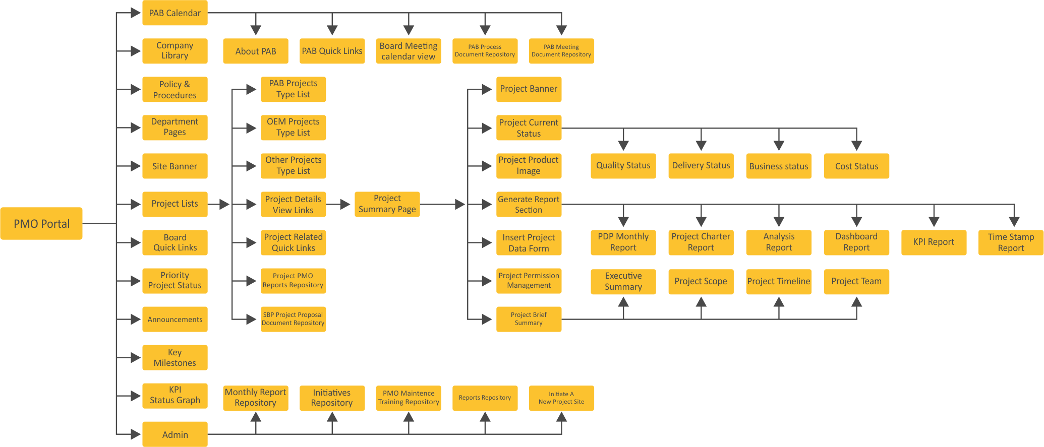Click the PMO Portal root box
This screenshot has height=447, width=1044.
pos(41,223)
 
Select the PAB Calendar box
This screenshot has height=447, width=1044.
pos(175,13)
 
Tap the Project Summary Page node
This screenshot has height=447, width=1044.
pos(387,204)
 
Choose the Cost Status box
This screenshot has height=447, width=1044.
pos(856,166)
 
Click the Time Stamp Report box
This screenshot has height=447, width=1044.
pos(1011,242)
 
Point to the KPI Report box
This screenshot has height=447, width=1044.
pos(934,242)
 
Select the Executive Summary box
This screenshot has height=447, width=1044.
pos(623,281)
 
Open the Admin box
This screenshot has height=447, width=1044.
pos(175,434)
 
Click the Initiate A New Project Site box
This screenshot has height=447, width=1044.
pos(561,398)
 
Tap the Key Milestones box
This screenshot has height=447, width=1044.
pos(175,358)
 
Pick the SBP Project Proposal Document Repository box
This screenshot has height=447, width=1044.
pos(293,319)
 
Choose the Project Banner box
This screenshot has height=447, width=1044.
pos(529,89)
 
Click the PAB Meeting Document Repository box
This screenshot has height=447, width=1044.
pos(561,51)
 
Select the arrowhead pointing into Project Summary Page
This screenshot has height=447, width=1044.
pos(346,204)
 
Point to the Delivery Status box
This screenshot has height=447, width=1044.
pos(701,166)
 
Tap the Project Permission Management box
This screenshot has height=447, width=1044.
pos(529,281)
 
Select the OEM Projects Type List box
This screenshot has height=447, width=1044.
pos(293,127)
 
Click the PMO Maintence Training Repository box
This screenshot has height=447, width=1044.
pos(409,398)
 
